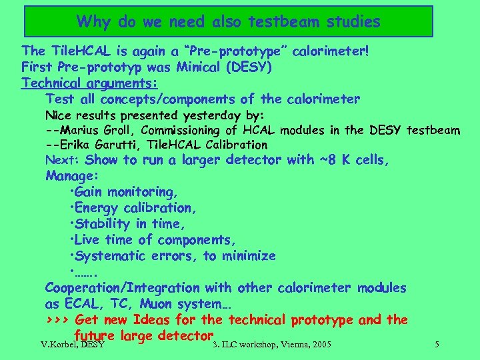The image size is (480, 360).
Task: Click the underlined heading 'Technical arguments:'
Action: click(x=89, y=83)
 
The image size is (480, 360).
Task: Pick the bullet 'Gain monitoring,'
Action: click(x=123, y=192)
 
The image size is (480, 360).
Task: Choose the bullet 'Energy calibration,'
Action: click(x=133, y=208)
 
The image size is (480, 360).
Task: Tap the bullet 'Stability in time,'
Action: click(x=131, y=224)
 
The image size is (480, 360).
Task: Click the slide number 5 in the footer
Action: click(x=436, y=345)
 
